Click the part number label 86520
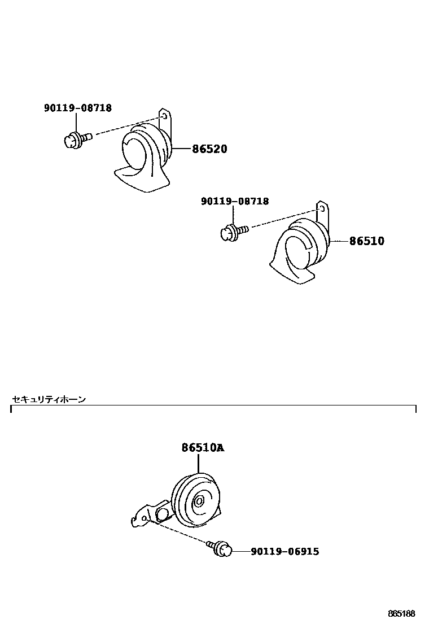(x=209, y=149)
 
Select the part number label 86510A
(x=203, y=448)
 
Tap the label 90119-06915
(x=284, y=551)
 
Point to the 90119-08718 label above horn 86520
(x=78, y=108)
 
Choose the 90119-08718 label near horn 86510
(x=235, y=201)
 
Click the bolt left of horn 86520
(x=76, y=138)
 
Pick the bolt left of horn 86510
(x=233, y=232)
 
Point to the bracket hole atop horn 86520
(x=164, y=116)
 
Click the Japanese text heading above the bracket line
(x=49, y=400)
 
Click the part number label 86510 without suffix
(x=366, y=241)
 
